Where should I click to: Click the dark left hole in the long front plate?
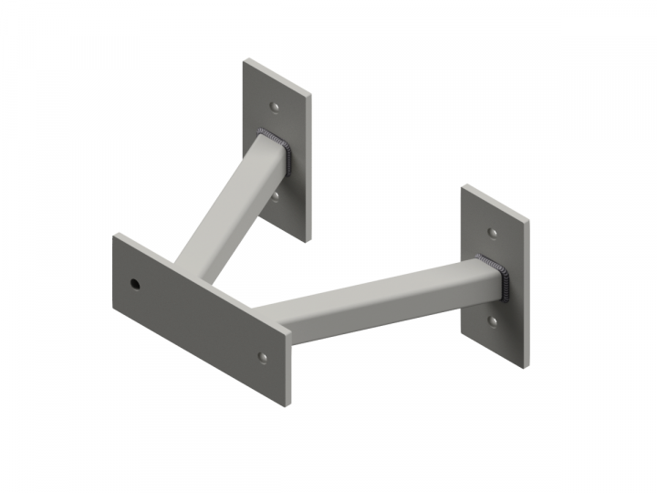pos(136,284)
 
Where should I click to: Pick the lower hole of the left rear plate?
pos(276,194)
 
